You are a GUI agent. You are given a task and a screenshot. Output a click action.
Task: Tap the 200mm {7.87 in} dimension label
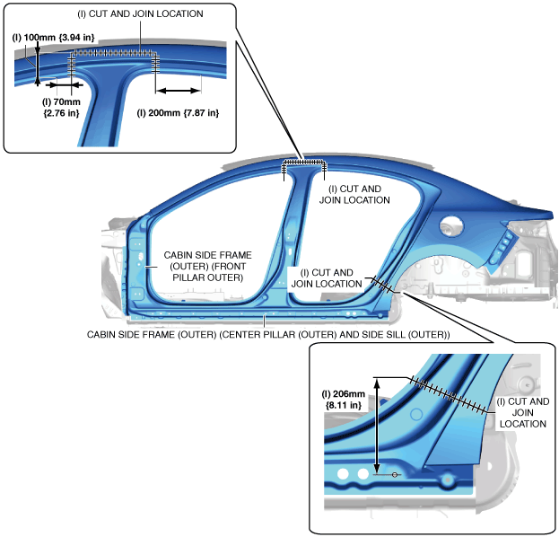point(178,112)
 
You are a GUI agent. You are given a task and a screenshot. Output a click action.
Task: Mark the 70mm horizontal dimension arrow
point(63,85)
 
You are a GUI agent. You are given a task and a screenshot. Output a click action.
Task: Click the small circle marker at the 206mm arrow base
point(395,474)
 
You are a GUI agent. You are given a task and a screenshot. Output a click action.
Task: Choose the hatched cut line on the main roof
point(305,163)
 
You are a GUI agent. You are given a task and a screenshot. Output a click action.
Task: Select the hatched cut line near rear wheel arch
point(383,285)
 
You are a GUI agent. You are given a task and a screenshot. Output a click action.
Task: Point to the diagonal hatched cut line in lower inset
point(453,393)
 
